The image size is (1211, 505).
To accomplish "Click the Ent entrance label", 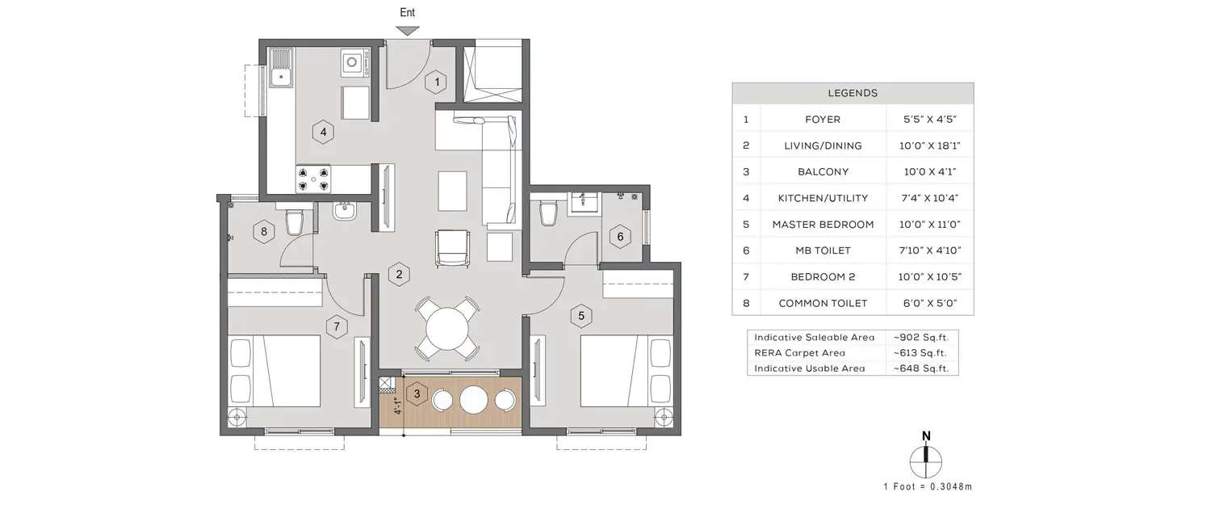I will [x=408, y=12].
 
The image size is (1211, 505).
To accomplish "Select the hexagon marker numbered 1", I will [x=436, y=82].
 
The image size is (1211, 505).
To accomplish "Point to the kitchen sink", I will [x=281, y=68].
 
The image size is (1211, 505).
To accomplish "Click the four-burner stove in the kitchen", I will [x=314, y=179].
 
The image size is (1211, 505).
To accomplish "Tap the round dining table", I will [x=446, y=328].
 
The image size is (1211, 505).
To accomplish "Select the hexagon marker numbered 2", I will [x=397, y=275].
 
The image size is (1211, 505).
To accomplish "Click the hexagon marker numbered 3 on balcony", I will [x=417, y=394].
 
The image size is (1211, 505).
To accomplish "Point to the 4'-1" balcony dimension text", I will [x=396, y=406].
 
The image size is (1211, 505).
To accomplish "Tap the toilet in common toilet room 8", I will [x=295, y=222].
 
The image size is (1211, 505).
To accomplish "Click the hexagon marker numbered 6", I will [x=620, y=237].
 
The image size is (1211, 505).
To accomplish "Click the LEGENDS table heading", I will [x=853, y=93].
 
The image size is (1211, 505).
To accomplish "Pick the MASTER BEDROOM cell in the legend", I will [x=823, y=225].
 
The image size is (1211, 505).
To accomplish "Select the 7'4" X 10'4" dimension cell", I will [x=929, y=198].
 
